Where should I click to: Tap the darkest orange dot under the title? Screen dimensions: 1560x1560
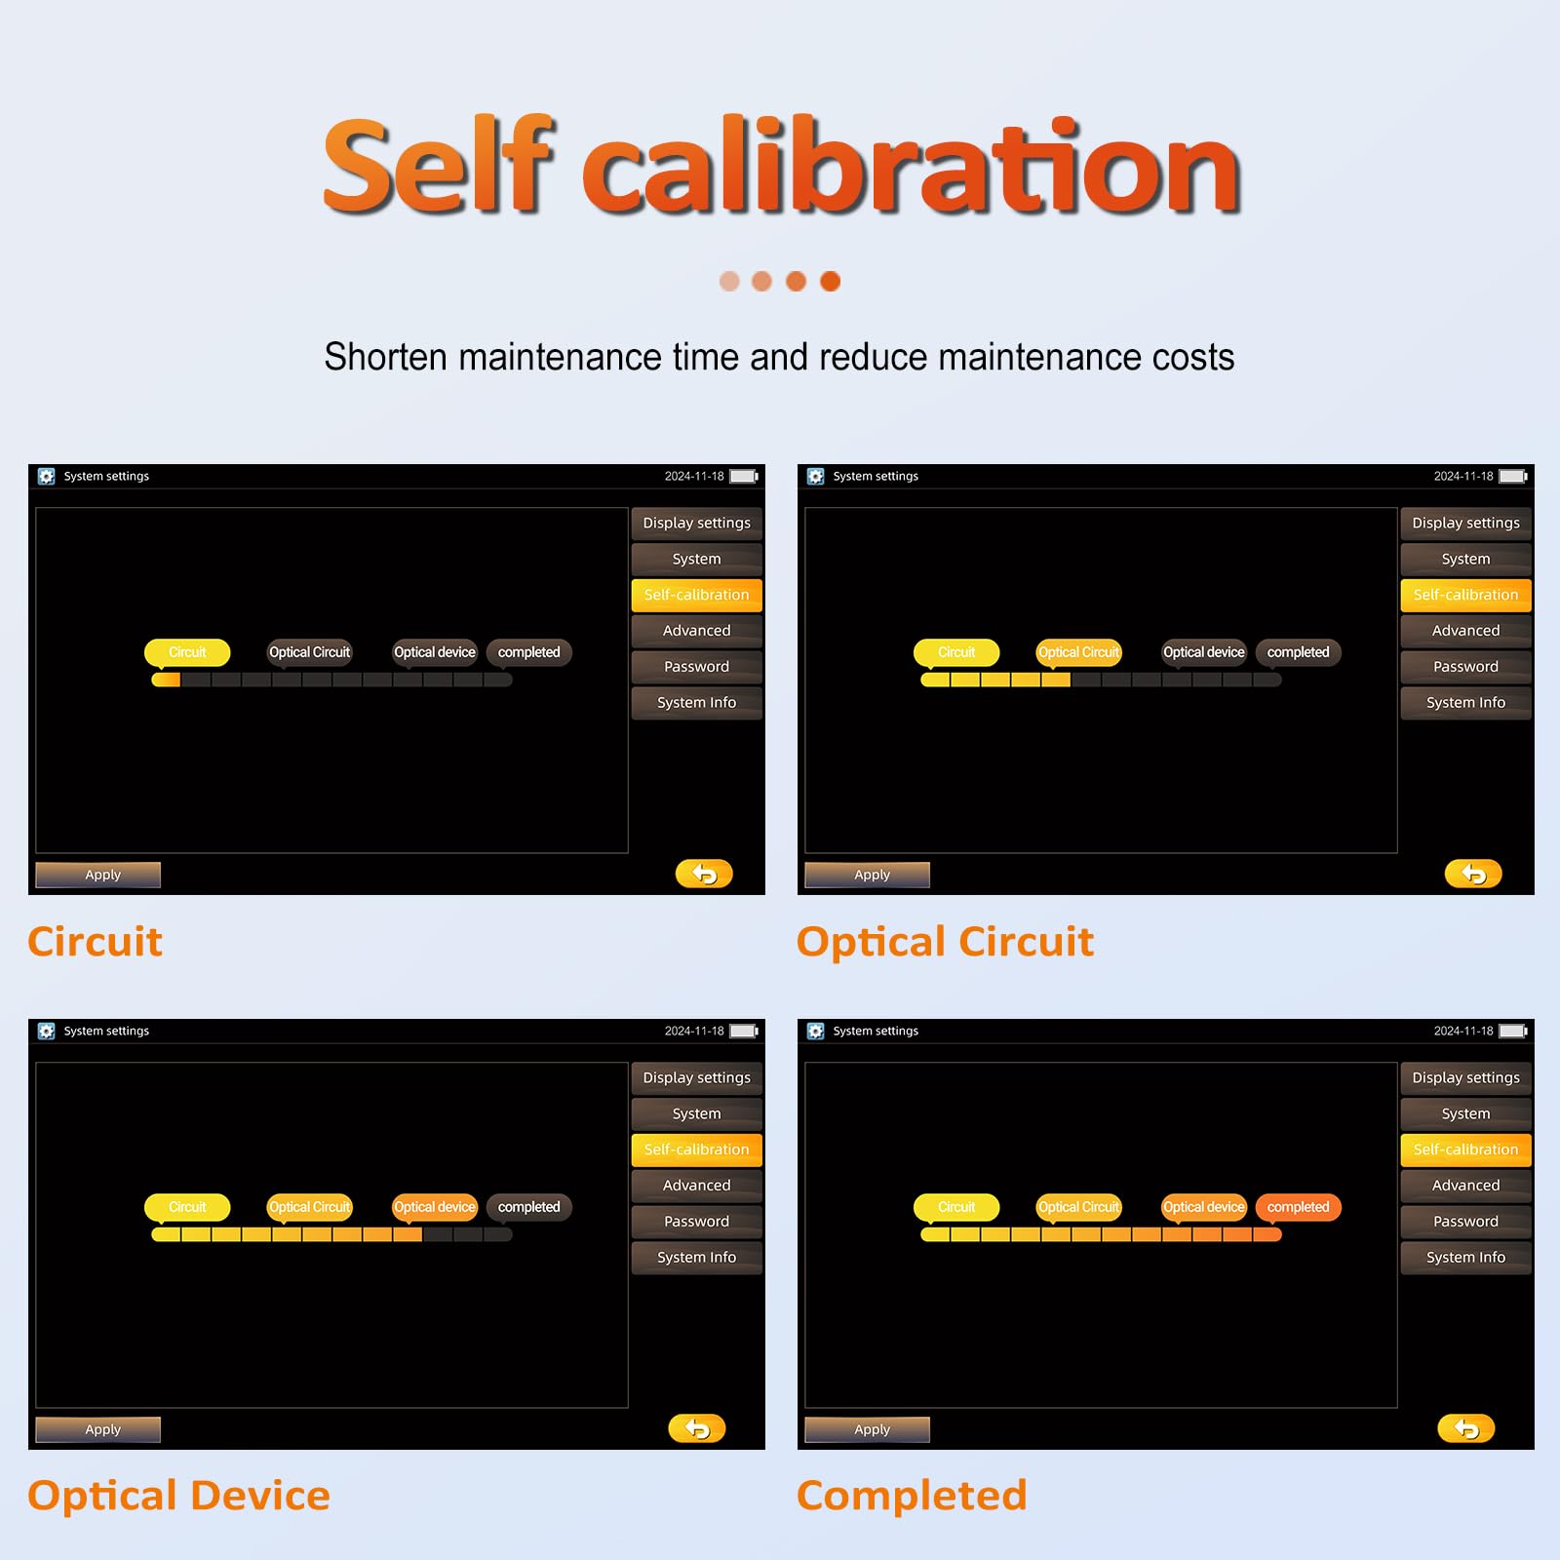tap(830, 281)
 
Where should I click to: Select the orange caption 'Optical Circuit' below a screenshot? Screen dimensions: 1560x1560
tap(945, 942)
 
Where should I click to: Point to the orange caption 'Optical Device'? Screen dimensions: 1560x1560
tap(179, 1496)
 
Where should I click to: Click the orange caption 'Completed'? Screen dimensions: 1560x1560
tap(912, 1496)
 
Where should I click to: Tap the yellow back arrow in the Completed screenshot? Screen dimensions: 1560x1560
tap(1465, 1428)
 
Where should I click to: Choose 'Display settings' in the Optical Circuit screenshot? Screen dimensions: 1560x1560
tap(1465, 523)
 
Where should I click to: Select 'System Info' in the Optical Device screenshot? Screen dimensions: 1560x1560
tap(696, 1257)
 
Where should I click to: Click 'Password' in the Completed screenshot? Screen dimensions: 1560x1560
tap(1465, 1221)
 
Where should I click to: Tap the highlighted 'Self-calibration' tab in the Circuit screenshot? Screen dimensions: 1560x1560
tap(696, 595)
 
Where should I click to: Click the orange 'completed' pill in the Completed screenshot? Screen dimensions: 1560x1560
tap(1298, 1207)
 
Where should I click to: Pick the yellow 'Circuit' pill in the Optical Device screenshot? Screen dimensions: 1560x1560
tap(187, 1207)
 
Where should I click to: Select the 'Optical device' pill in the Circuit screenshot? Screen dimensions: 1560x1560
tap(435, 652)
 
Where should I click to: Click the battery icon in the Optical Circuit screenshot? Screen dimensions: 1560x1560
tap(1513, 476)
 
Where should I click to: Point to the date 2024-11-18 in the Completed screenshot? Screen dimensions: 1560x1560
tap(1463, 1031)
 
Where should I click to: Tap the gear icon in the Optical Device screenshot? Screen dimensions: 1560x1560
tap(46, 1031)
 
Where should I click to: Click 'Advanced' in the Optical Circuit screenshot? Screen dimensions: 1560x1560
tap(1465, 631)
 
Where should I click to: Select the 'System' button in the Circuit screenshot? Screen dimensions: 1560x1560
tap(696, 559)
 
